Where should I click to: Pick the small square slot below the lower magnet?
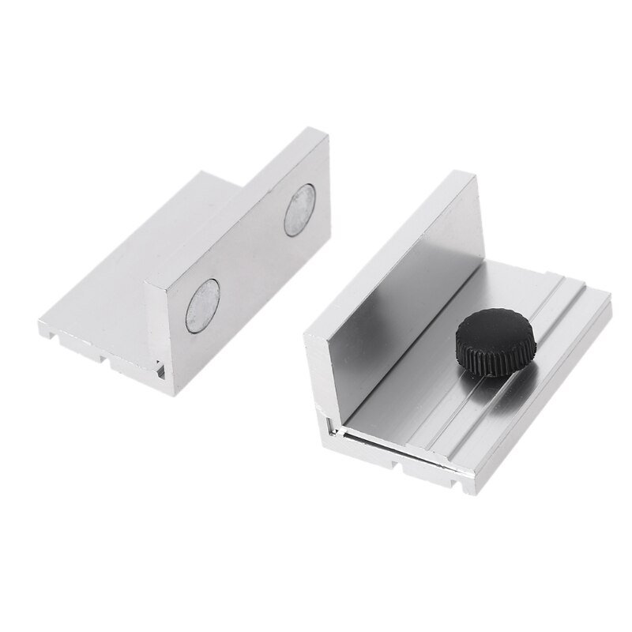161,370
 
